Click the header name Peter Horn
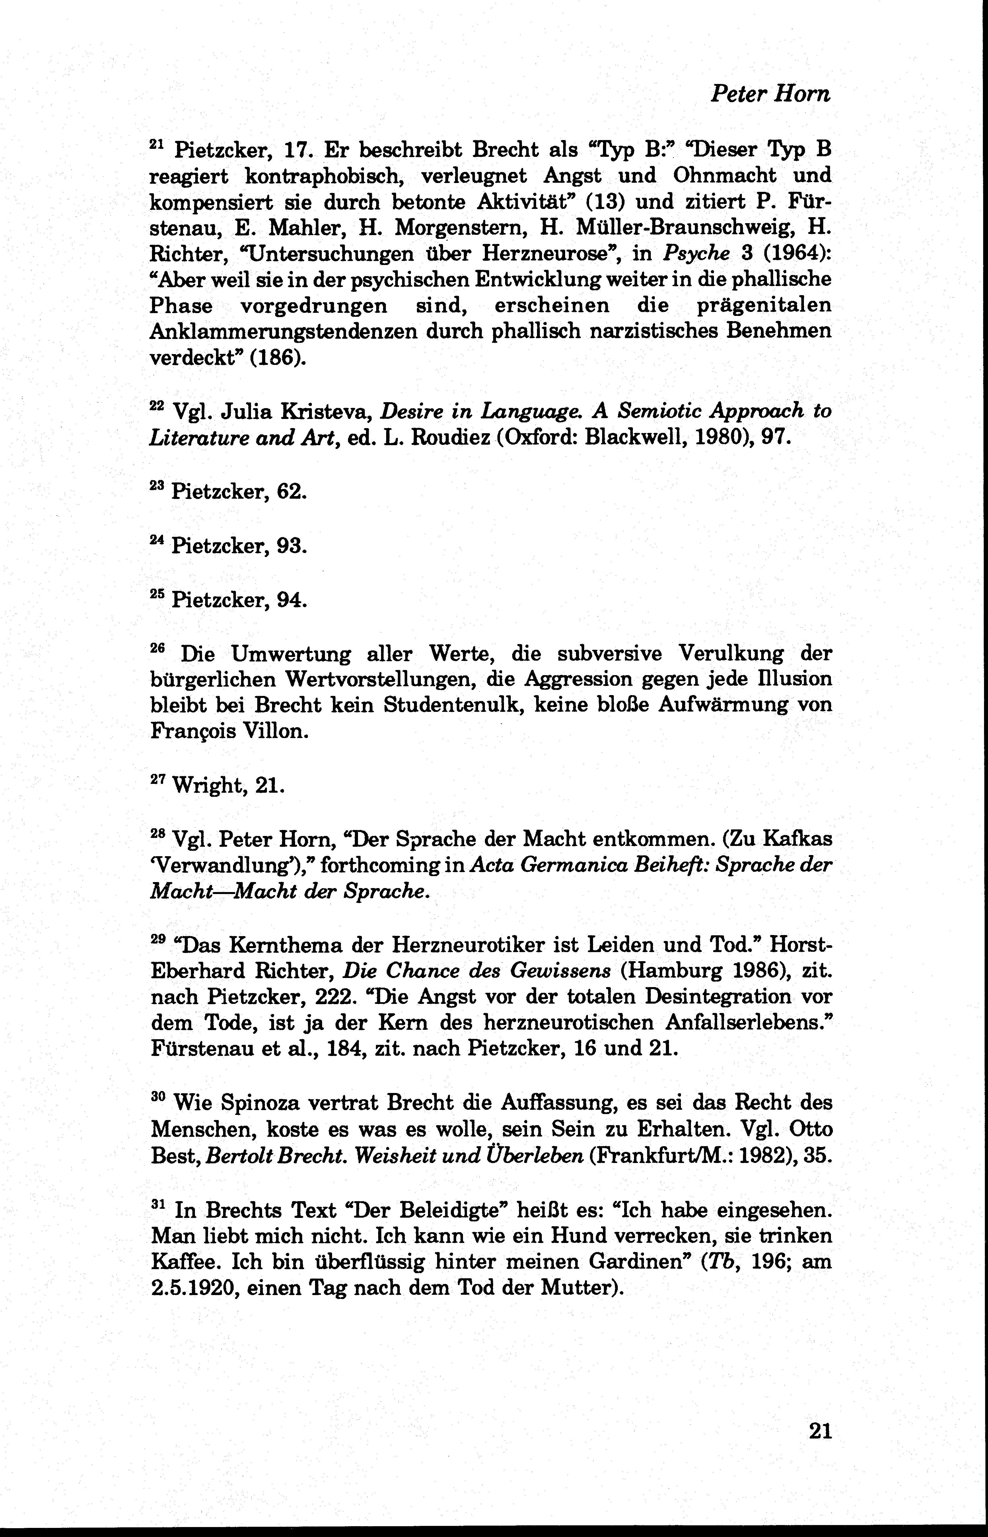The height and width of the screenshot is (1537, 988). pyautogui.click(x=770, y=94)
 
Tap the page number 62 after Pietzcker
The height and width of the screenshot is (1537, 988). pyautogui.click(x=291, y=492)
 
